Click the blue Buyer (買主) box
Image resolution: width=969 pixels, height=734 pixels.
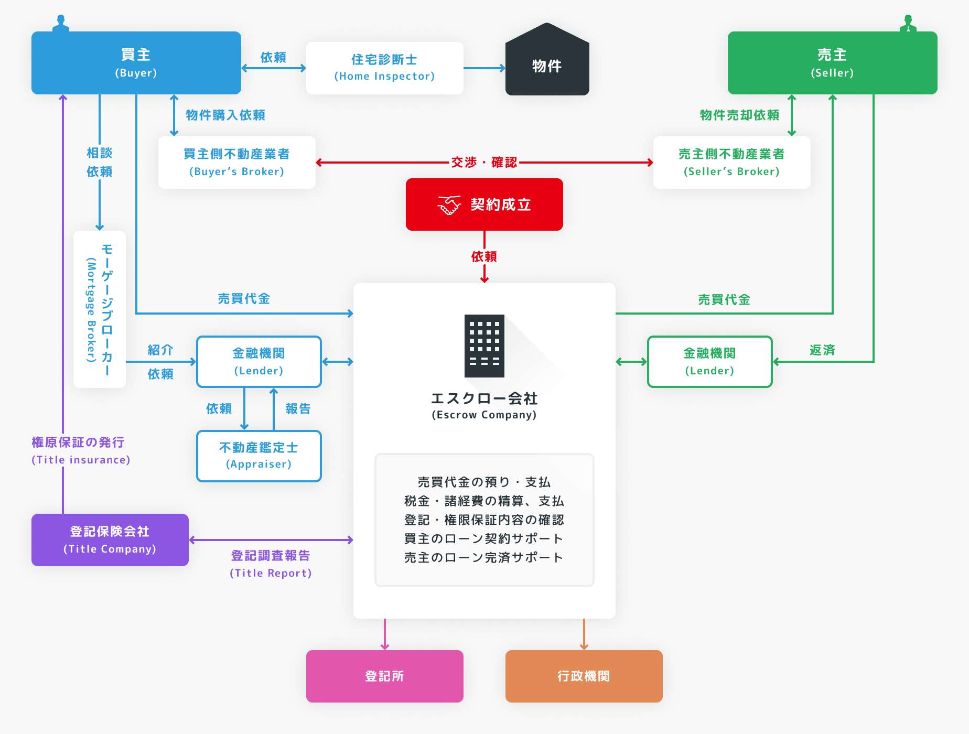tap(136, 63)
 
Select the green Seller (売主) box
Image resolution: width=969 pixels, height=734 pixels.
tap(832, 63)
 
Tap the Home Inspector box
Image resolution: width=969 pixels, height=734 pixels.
tap(384, 68)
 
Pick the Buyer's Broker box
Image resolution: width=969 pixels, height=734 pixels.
tap(236, 163)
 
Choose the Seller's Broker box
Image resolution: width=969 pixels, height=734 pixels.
tap(731, 163)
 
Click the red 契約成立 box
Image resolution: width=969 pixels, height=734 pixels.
tap(484, 204)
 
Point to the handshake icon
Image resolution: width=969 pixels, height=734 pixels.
tap(449, 205)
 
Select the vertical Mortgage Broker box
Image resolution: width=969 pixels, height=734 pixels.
tap(100, 309)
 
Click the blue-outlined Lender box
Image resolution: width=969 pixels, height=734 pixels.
tap(259, 362)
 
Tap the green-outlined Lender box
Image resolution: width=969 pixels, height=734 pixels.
tap(709, 362)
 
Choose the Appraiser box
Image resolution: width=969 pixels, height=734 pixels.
tap(259, 456)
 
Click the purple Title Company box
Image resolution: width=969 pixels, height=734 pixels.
tap(110, 540)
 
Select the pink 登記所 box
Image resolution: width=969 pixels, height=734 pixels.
tap(384, 676)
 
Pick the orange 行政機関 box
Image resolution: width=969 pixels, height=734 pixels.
tap(584, 676)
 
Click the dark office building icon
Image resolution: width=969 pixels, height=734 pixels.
tap(484, 346)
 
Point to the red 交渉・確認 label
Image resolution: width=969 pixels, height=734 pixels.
tap(484, 163)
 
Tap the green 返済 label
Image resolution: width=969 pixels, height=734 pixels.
tap(822, 350)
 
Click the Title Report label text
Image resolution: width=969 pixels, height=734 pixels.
tap(271, 573)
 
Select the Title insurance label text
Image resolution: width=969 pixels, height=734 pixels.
tap(81, 460)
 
